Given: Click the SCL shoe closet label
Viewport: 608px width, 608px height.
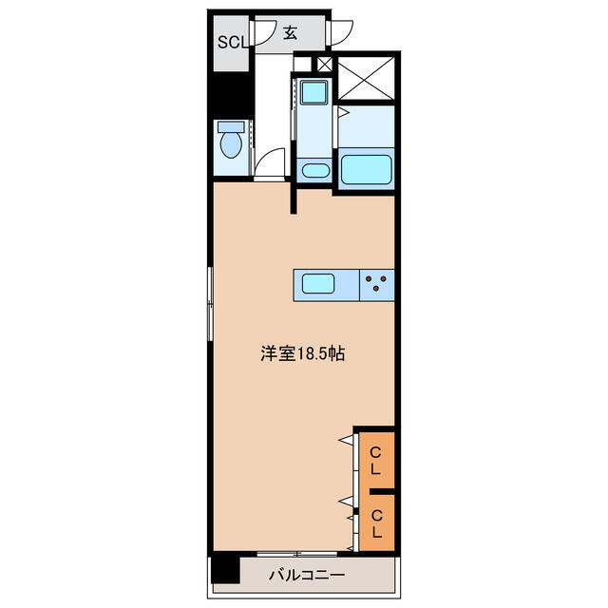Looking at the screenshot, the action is [233, 42].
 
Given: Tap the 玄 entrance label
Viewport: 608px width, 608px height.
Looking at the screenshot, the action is [290, 33].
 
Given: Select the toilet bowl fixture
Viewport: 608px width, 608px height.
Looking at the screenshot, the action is [231, 145].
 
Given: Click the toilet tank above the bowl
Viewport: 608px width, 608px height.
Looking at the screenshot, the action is [231, 126].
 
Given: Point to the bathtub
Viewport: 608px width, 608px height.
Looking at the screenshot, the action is [366, 169].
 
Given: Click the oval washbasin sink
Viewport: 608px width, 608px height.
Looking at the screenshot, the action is [314, 170].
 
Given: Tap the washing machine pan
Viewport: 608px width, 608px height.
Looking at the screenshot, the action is [314, 91].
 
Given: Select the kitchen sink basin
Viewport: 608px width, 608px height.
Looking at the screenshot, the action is [318, 283].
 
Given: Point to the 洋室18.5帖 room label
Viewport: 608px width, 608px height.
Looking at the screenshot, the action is [302, 353].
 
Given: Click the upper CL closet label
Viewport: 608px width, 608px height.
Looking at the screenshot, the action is [375, 461].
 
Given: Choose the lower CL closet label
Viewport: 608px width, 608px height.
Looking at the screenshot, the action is [376, 523].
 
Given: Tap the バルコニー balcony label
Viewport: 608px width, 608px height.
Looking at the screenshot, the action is [307, 575].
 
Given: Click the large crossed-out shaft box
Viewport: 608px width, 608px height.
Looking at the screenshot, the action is [367, 79].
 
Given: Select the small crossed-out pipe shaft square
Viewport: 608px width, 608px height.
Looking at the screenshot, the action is [325, 64].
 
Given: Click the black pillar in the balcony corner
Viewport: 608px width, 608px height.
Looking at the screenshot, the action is [226, 570].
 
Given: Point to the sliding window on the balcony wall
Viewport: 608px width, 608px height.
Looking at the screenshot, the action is [297, 554].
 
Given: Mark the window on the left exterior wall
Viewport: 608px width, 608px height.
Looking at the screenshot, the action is [210, 304].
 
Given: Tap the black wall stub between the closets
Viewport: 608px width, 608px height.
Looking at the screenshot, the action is [382, 492].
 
